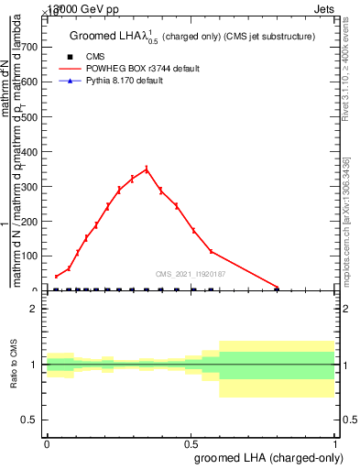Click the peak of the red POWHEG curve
(147, 169)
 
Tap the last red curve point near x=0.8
(278, 287)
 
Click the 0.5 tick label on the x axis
(191, 442)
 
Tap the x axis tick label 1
(335, 442)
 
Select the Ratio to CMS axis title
(13, 365)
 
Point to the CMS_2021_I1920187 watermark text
(191, 273)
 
